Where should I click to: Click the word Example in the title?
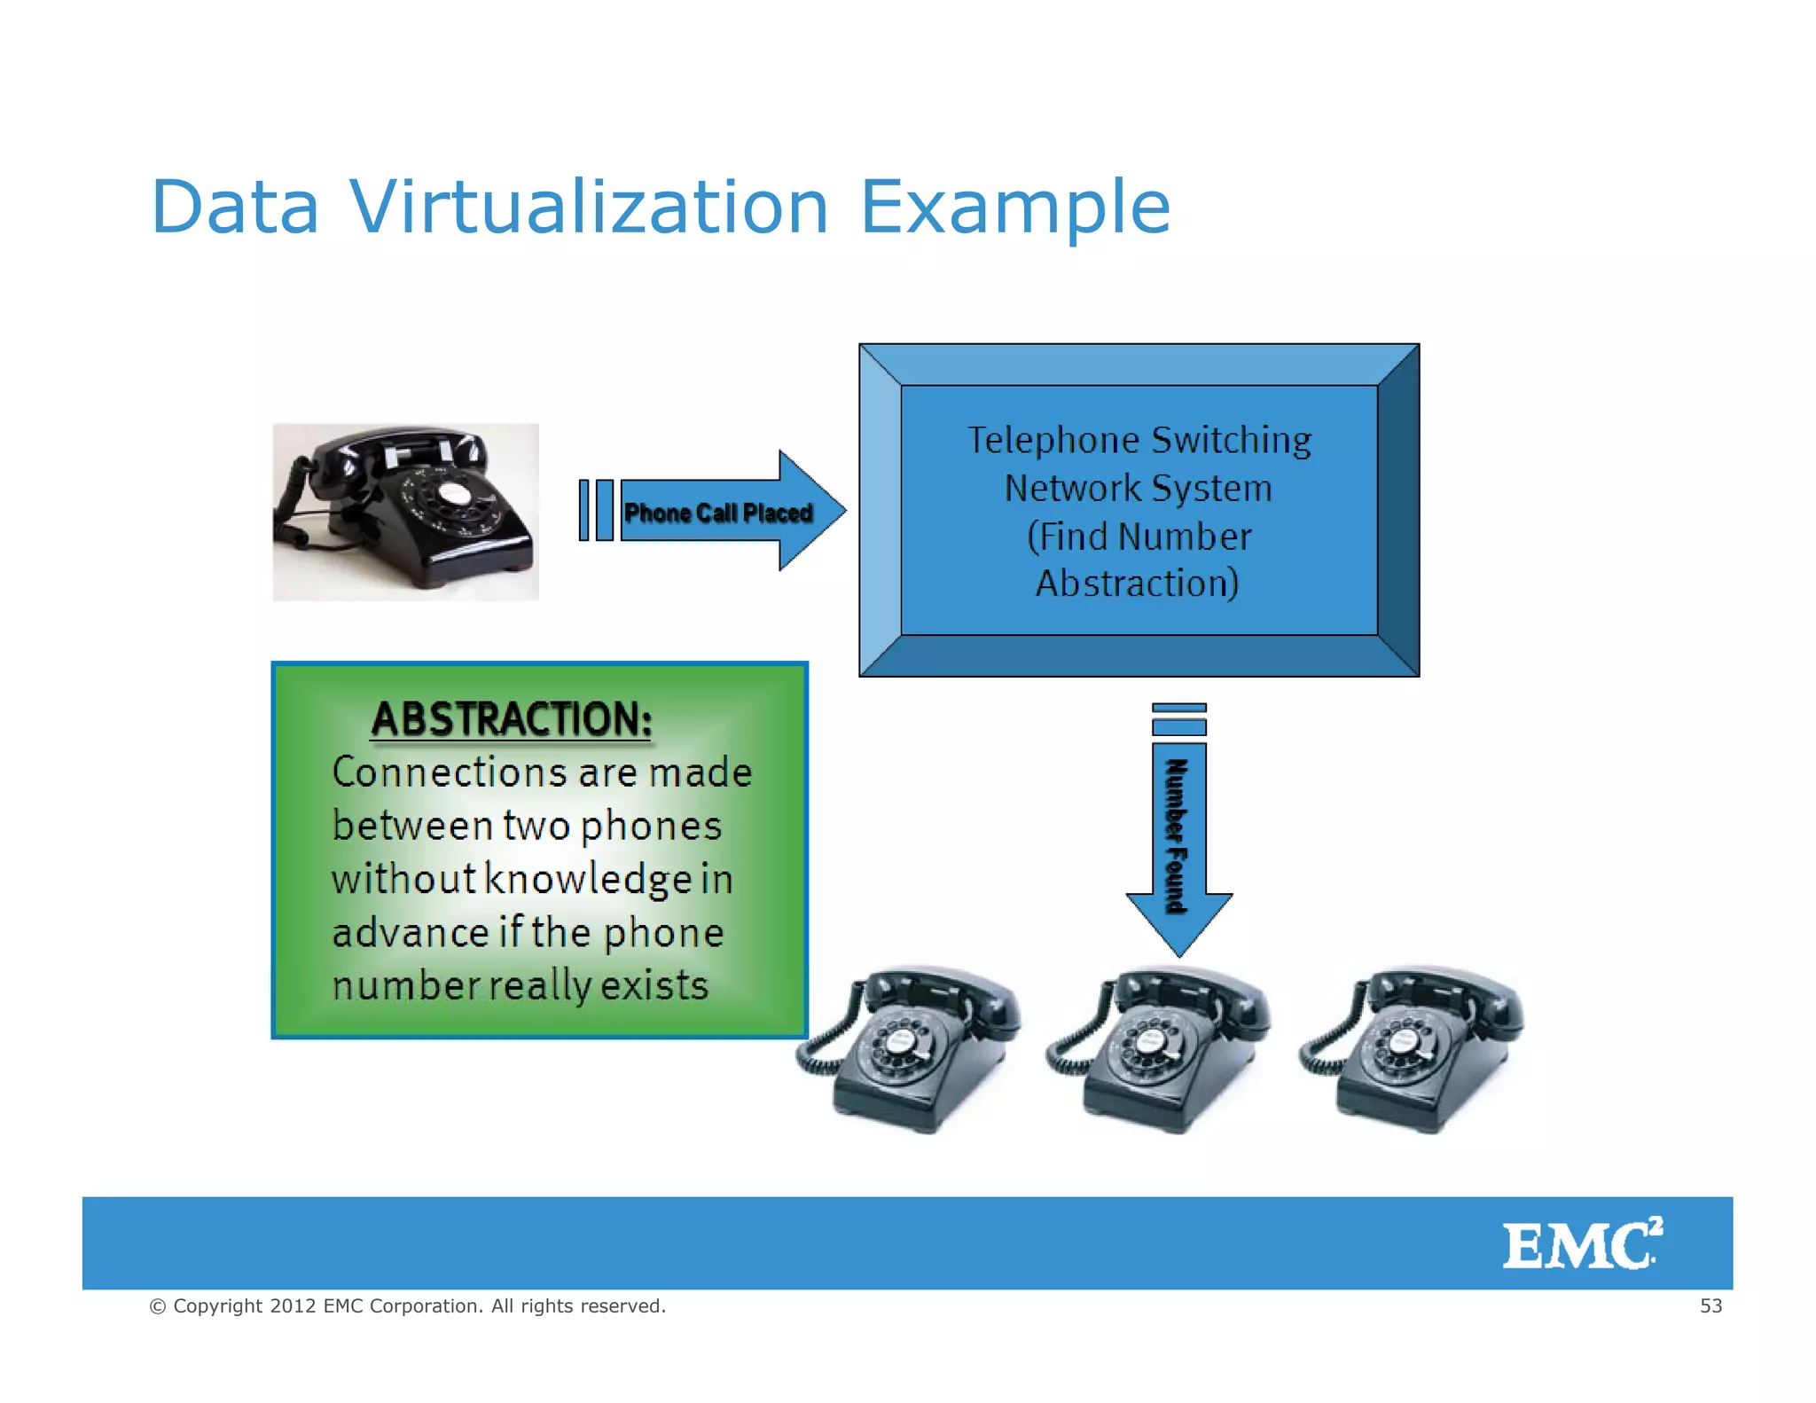point(1015,208)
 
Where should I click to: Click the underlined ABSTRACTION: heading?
point(512,718)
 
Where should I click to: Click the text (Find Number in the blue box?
point(1139,537)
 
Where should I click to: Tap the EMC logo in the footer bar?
point(1581,1243)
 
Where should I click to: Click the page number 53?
point(1710,1305)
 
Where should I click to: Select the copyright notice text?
point(408,1305)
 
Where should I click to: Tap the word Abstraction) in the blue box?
point(1137,584)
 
